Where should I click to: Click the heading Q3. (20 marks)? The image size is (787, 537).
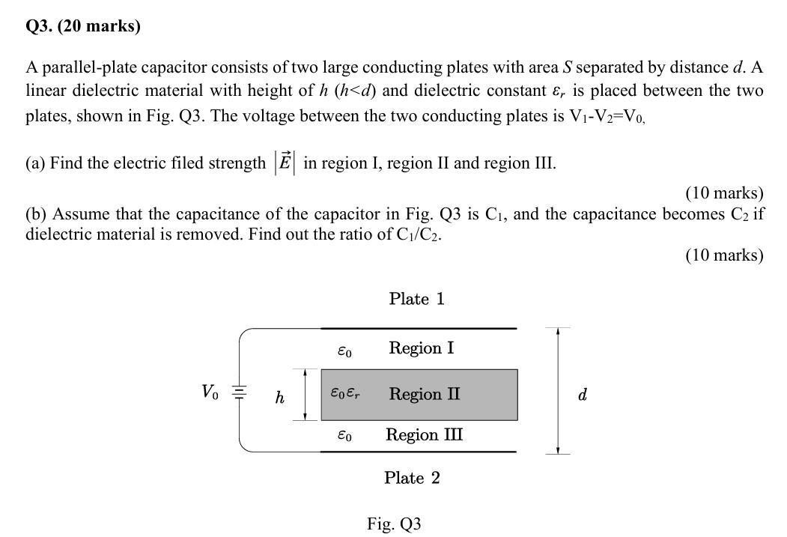[x=83, y=28]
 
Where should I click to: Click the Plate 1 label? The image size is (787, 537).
[x=416, y=299]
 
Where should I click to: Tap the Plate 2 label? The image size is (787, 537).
[x=412, y=478]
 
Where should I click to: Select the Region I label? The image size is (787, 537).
[x=421, y=348]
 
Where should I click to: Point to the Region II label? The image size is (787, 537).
[x=425, y=394]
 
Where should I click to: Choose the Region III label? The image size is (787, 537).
[x=424, y=435]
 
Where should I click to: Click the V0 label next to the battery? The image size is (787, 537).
[x=210, y=391]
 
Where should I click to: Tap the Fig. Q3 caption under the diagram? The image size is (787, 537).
[x=394, y=524]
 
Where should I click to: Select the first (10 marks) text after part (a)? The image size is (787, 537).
[x=724, y=192]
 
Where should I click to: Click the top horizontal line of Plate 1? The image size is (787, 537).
[x=419, y=328]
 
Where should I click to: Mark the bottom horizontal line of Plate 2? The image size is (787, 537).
[x=419, y=452]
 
